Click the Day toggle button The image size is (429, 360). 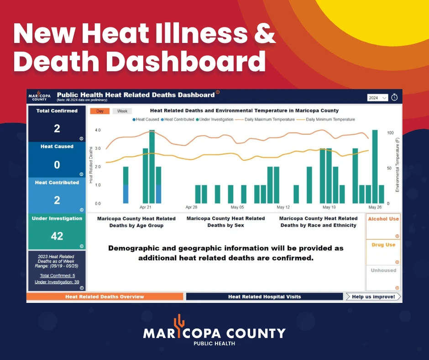click(x=100, y=111)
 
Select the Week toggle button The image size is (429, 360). click(x=122, y=111)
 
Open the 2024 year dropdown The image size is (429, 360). click(x=377, y=98)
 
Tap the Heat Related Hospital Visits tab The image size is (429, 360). click(x=265, y=296)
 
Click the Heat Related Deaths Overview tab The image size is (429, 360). click(x=105, y=296)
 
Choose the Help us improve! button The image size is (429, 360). click(x=373, y=296)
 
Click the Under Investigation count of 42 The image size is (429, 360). click(x=57, y=236)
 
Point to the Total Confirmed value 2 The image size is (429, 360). click(x=57, y=128)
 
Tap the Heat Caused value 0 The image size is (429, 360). click(x=57, y=164)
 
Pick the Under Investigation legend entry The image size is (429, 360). click(x=214, y=119)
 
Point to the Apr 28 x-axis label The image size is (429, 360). click(x=191, y=207)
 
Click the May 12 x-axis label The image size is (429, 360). click(x=283, y=207)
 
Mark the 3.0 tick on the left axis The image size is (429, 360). click(x=98, y=148)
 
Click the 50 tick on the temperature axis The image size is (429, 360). click(x=389, y=168)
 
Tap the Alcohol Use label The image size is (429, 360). click(x=383, y=219)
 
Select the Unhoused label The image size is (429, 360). click(x=383, y=270)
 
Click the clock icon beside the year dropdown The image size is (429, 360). click(x=394, y=97)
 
